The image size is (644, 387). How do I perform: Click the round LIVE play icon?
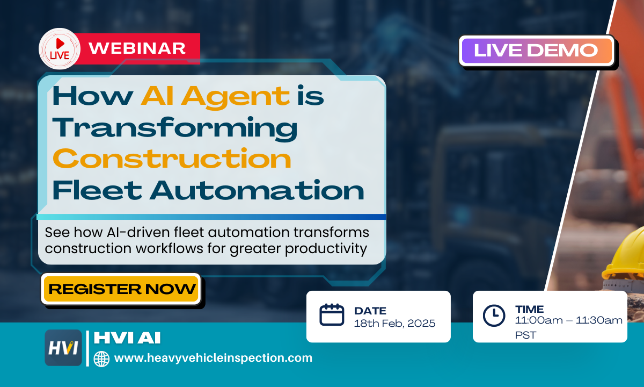point(60,48)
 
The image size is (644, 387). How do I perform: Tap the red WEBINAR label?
point(137,48)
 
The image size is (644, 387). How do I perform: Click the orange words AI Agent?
point(215,96)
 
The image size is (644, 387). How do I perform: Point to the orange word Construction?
point(172,159)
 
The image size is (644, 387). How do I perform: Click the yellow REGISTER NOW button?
point(121,289)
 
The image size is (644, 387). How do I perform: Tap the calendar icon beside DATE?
point(332,315)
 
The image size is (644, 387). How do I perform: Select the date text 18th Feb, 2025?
point(394,324)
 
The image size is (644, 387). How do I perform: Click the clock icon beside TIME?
point(494,316)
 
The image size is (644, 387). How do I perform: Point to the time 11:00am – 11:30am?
point(569,321)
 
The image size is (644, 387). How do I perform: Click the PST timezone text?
point(525,335)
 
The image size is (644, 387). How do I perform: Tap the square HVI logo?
point(63,348)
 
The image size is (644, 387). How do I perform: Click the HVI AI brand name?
point(127,338)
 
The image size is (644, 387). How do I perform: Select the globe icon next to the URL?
point(101,359)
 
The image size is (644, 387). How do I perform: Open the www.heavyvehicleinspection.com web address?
point(213,358)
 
